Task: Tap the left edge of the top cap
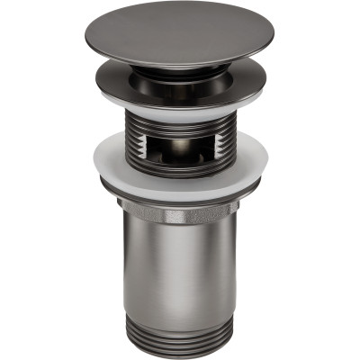point(96,38)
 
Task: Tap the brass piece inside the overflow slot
point(180,146)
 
